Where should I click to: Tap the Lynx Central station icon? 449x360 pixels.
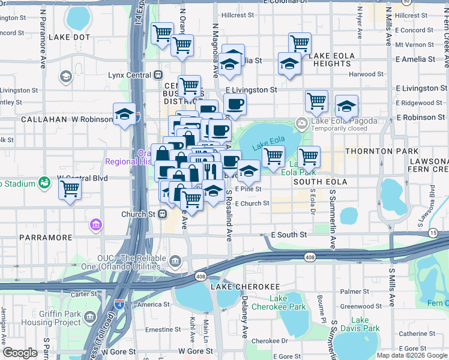click(158, 75)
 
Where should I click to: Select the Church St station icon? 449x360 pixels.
click(162, 214)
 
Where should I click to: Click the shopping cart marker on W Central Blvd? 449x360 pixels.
click(70, 188)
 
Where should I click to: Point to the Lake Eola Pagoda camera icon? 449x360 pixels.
click(301, 123)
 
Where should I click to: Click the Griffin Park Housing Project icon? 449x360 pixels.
click(90, 317)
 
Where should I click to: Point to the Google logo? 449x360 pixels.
click(20, 353)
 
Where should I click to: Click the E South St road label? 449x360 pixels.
click(289, 235)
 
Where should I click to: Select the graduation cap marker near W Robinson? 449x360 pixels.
click(124, 114)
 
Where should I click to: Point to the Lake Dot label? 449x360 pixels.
click(69, 37)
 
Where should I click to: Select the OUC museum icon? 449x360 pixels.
click(175, 261)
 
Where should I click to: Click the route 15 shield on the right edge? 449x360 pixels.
click(433, 232)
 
